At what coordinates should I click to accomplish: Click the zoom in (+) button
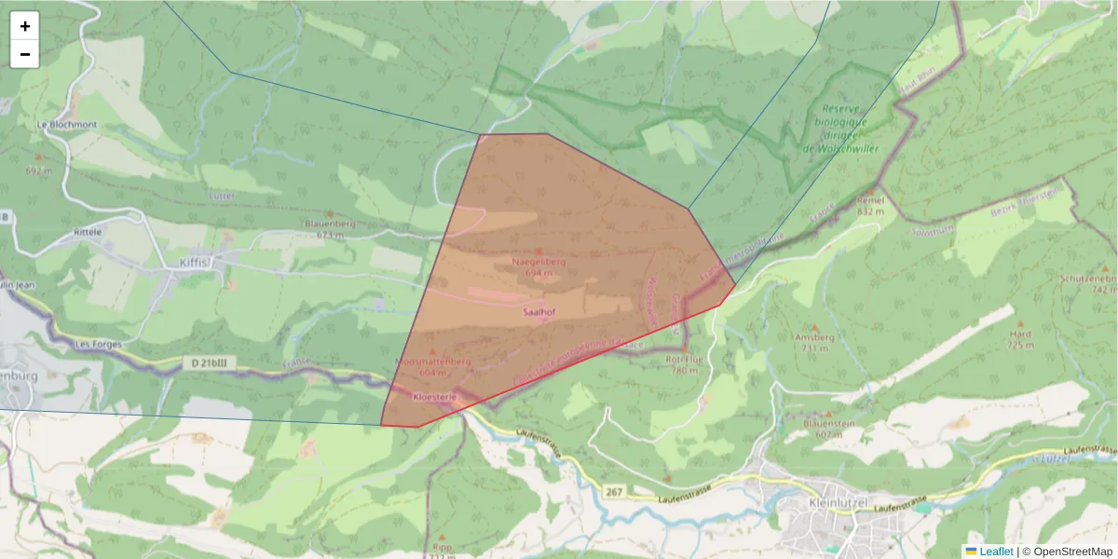tap(25, 26)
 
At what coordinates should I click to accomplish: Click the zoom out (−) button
tap(25, 54)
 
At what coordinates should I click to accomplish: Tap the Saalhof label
tap(539, 312)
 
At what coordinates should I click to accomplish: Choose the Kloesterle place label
tap(434, 396)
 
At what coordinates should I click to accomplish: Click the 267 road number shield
tap(614, 491)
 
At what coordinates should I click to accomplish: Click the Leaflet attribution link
tap(996, 552)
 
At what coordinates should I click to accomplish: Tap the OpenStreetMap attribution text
tap(1072, 552)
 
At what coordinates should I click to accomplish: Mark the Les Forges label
tap(93, 344)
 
